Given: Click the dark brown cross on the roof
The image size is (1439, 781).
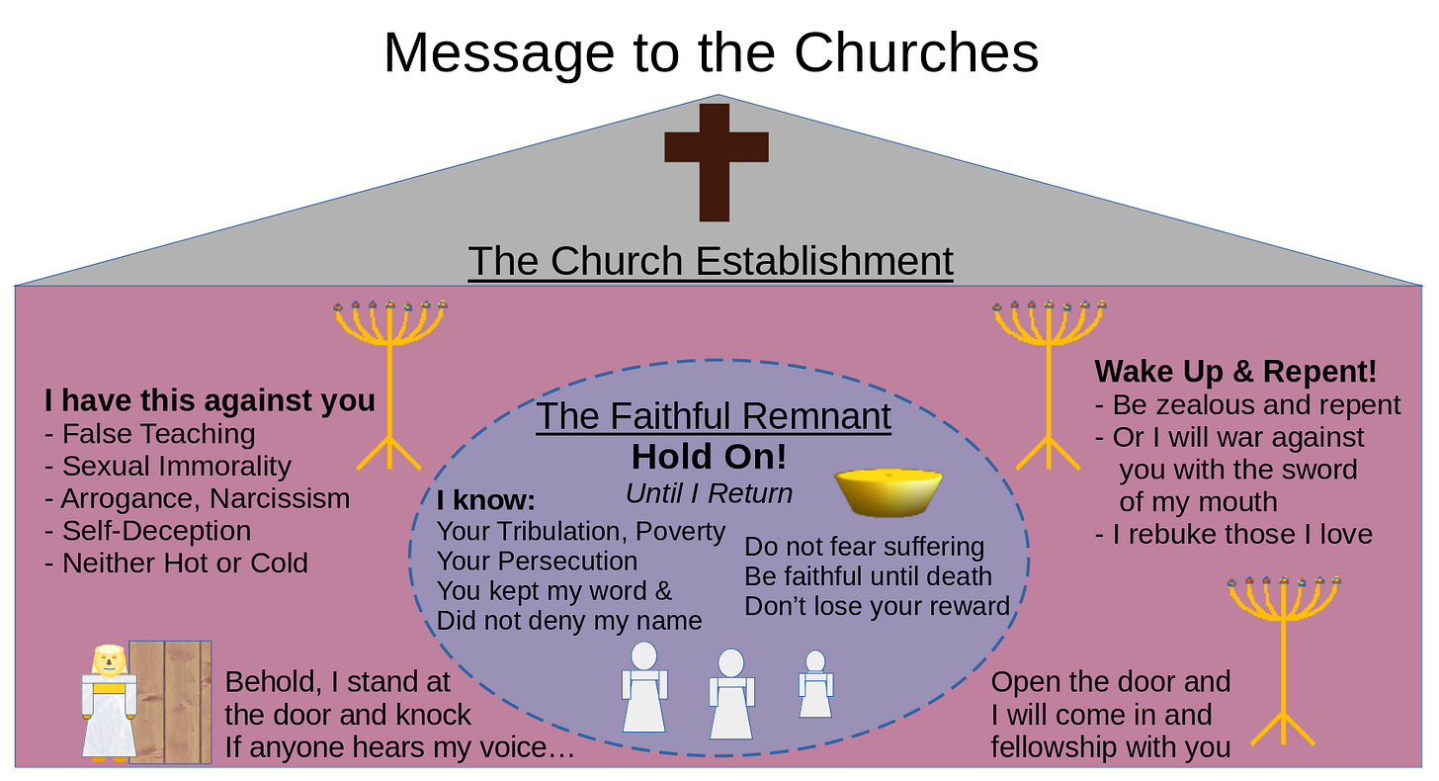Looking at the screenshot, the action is click(x=716, y=161).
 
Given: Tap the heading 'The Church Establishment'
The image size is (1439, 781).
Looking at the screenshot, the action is click(x=711, y=261).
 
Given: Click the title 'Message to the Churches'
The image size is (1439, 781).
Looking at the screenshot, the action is click(x=711, y=52).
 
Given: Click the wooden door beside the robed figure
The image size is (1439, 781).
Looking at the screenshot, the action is click(x=170, y=702).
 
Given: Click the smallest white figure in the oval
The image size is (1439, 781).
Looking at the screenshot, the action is click(x=815, y=684).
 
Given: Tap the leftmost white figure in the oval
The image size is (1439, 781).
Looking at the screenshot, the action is click(x=643, y=687).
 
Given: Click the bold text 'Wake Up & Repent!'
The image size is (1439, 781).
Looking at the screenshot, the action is click(x=1235, y=373).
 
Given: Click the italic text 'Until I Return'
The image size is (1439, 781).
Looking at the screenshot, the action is click(x=709, y=492).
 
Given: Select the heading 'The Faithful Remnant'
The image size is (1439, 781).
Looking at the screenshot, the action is click(x=714, y=416).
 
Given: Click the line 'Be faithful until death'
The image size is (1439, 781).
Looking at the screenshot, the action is click(x=868, y=576).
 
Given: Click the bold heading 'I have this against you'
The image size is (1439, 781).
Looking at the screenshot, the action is click(x=210, y=400).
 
